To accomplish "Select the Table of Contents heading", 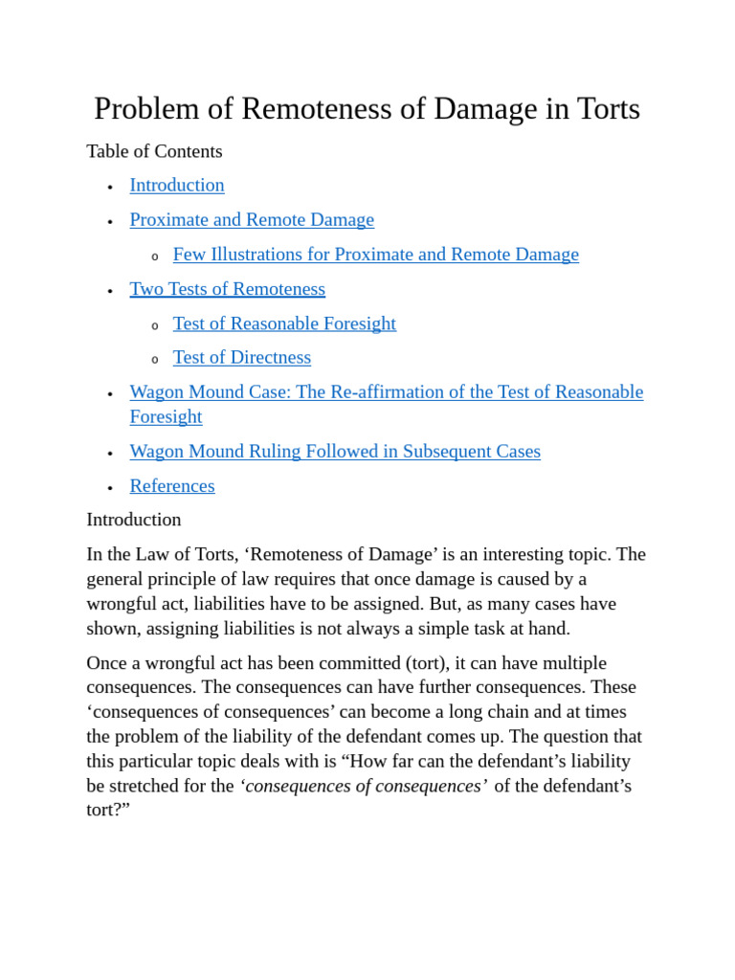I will point(154,151).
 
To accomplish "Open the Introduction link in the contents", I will point(177,186).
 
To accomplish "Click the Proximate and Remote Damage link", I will point(252,220).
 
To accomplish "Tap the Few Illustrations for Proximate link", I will point(375,255).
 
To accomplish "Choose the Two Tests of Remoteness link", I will point(227,289).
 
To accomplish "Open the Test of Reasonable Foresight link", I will point(284,323).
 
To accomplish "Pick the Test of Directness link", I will point(241,358).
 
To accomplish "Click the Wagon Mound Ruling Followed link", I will point(335,452).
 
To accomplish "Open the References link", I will point(172,486).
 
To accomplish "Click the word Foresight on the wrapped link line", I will point(166,417).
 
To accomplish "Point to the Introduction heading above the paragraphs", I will point(134,520).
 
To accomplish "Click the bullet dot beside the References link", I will point(110,487).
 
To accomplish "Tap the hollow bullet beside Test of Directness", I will point(155,360).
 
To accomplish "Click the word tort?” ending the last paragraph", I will point(108,810).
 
